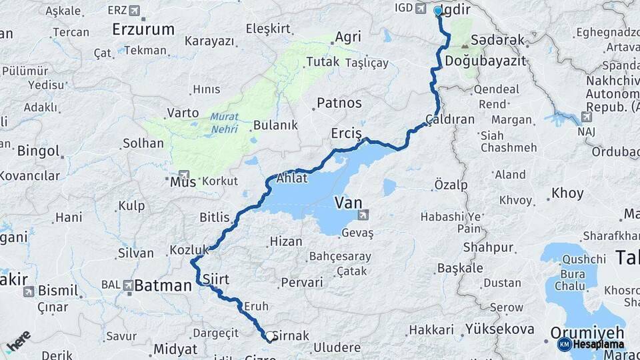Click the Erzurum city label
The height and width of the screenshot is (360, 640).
143,29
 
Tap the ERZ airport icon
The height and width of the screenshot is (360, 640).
136,11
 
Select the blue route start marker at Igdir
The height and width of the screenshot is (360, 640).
438,11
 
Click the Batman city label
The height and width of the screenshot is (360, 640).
163,286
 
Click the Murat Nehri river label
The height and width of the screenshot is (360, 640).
224,123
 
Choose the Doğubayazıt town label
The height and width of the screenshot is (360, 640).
485,61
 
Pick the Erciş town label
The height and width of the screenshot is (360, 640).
346,134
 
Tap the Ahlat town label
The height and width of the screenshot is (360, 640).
292,178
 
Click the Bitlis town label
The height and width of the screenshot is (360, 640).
214,217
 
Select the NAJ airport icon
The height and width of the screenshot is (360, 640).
586,117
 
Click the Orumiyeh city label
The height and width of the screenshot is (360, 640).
587,332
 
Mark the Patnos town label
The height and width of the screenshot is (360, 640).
339,103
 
